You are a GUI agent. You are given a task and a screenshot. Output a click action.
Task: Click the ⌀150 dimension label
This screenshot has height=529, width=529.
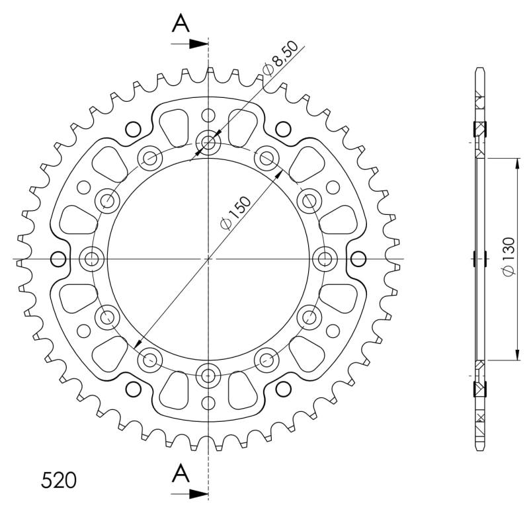point(236,213)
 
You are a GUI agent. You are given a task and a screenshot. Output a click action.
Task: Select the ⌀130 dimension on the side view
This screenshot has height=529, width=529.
point(509,257)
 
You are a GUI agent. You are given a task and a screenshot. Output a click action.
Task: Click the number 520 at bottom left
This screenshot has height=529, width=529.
point(59,480)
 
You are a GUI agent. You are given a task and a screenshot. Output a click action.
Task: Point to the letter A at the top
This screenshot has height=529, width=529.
point(181,23)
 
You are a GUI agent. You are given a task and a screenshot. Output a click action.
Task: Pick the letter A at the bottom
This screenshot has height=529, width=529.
point(181,473)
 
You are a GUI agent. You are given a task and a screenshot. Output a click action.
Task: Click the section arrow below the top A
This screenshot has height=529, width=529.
point(189,44)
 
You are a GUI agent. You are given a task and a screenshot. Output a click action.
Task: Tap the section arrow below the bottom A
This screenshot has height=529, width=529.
point(189,494)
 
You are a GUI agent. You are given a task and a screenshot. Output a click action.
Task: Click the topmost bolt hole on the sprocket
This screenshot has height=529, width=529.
point(208,142)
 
